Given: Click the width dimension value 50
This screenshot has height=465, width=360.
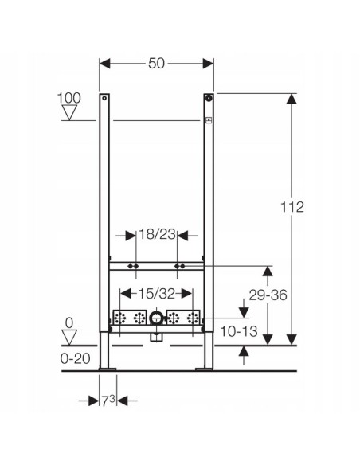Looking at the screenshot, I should click(156, 63).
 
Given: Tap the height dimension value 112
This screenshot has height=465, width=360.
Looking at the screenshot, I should click(293, 207).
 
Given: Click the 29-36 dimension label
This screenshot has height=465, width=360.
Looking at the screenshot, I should click(267, 295).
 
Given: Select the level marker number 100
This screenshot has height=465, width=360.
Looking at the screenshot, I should click(70, 98).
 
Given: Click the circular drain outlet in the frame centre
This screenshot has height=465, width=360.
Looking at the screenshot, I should click(156, 320).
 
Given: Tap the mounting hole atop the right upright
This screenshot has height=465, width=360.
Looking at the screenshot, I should click(209, 100).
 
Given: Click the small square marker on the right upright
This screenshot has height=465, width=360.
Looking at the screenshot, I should click(209, 121).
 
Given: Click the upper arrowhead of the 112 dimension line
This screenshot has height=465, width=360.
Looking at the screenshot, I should click(293, 99).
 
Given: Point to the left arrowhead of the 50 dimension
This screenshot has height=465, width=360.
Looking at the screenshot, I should click(104, 63).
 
